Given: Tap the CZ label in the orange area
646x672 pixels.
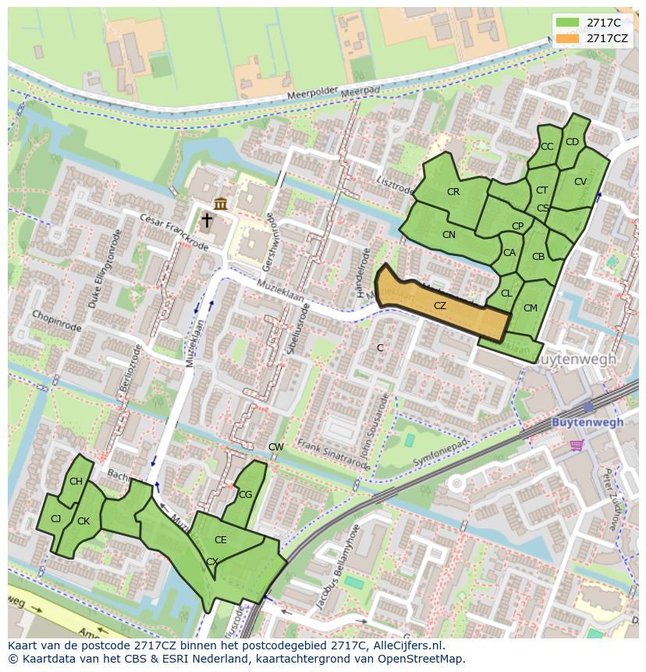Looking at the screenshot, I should coord(440,306).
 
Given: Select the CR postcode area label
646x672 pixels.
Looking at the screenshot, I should coord(453,192).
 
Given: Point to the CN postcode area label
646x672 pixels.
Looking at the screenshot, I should coord(449,235).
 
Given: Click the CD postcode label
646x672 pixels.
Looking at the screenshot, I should coord(572,142).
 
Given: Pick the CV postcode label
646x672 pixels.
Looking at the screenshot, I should coord(580,182).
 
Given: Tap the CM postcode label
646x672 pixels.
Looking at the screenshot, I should coord(531,308).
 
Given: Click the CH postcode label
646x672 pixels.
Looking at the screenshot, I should coord(76,482).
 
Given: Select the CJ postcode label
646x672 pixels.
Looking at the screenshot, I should coord(55,519).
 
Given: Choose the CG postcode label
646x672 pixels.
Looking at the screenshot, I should coord(246,494).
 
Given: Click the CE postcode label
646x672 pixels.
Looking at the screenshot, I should coord(221,540).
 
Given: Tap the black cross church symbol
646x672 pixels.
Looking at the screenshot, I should coord(207,221).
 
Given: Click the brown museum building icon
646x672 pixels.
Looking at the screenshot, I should coord(221,204).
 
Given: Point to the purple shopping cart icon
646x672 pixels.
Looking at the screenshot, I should coord(577,445).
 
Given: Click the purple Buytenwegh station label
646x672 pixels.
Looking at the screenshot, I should coord(587,422).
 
